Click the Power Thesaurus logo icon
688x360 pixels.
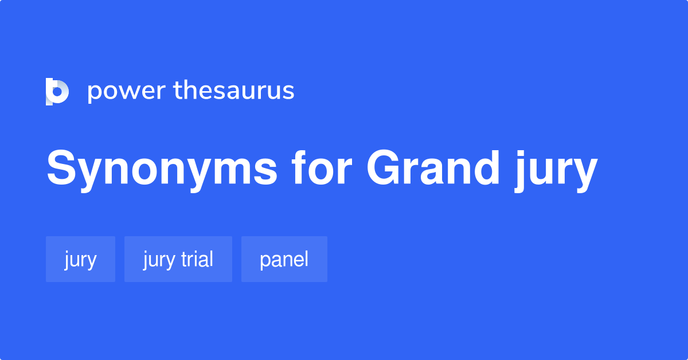point(57,91)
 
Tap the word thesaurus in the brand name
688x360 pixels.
point(234,91)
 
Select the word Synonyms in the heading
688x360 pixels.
point(162,170)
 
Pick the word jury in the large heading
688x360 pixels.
point(554,172)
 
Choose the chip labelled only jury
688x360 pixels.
point(80,259)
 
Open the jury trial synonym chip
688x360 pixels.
point(178,259)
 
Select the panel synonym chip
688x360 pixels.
point(284,259)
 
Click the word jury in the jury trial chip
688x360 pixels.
point(158,260)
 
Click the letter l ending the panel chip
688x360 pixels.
point(306,259)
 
